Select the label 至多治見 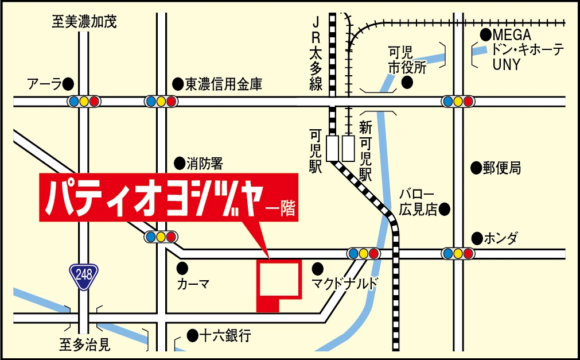click(x=84, y=345)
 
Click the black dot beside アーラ click(x=68, y=84)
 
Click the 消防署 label click(x=204, y=164)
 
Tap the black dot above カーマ click(x=182, y=268)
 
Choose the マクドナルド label click(x=345, y=284)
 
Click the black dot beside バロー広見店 click(x=444, y=210)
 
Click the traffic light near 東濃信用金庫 click(x=160, y=102)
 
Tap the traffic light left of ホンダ click(x=457, y=253)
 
